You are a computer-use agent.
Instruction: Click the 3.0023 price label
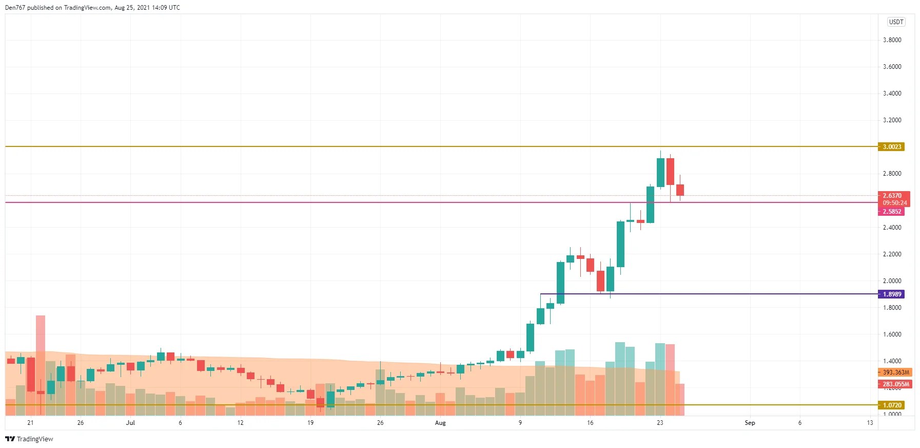891,147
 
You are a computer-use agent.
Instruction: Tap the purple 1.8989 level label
891,294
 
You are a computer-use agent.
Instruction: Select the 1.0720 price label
891,405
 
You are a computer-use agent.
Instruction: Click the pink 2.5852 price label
891,212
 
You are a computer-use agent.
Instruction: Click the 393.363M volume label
895,372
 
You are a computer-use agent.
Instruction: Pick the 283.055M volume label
895,384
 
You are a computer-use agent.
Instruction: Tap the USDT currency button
896,22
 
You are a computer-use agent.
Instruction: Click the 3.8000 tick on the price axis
892,40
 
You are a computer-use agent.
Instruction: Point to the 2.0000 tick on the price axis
892,281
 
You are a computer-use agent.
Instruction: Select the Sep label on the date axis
750,423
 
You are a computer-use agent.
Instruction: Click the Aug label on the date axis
440,423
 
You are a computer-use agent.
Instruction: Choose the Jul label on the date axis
130,423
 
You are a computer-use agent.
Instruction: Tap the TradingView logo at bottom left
29,439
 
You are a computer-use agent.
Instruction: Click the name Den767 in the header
15,8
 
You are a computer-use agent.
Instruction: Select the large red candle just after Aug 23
670,172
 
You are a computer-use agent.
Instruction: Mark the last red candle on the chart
680,190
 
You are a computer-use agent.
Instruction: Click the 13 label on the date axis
870,423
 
